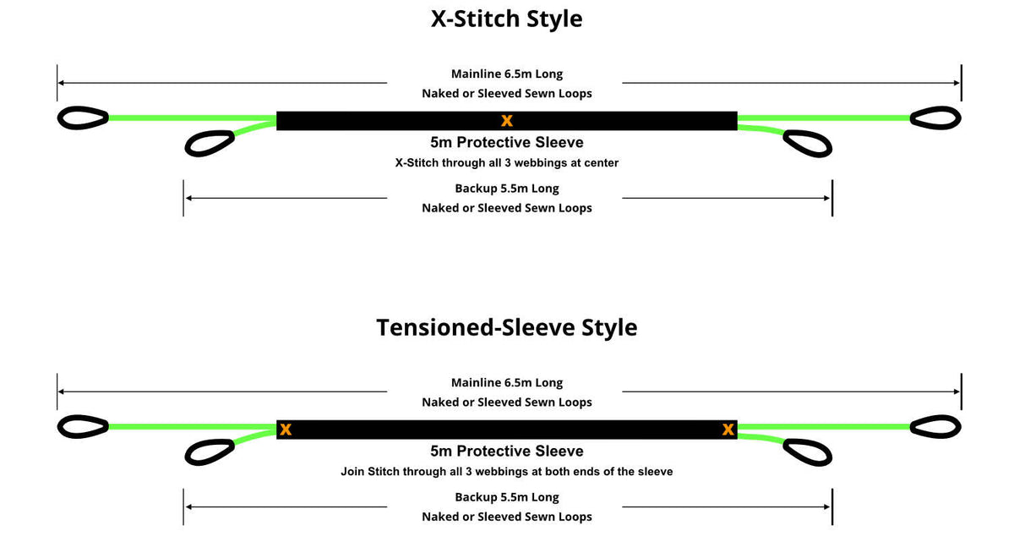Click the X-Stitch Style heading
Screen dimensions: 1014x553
click(506, 19)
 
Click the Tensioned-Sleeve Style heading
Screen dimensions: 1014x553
click(506, 327)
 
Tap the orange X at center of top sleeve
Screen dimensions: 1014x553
click(507, 120)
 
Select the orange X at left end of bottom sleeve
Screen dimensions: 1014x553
click(286, 430)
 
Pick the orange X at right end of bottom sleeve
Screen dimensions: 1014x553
click(728, 430)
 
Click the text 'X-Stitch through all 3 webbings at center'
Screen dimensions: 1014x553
click(506, 162)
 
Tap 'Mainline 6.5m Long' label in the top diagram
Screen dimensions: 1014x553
click(506, 74)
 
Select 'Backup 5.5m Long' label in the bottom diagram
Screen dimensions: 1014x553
click(506, 497)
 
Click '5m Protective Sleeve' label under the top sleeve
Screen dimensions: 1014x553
click(506, 142)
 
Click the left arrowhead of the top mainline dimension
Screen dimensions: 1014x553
click(61, 83)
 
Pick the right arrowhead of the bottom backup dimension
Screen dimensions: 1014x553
click(826, 506)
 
